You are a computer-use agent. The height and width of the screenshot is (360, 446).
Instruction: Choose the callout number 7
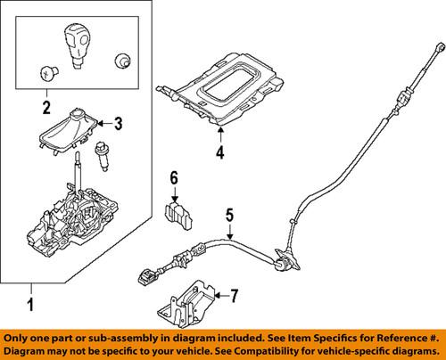(235, 294)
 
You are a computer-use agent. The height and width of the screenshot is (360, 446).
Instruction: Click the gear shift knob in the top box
(77, 45)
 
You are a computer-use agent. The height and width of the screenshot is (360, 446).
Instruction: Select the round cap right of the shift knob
(120, 61)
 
